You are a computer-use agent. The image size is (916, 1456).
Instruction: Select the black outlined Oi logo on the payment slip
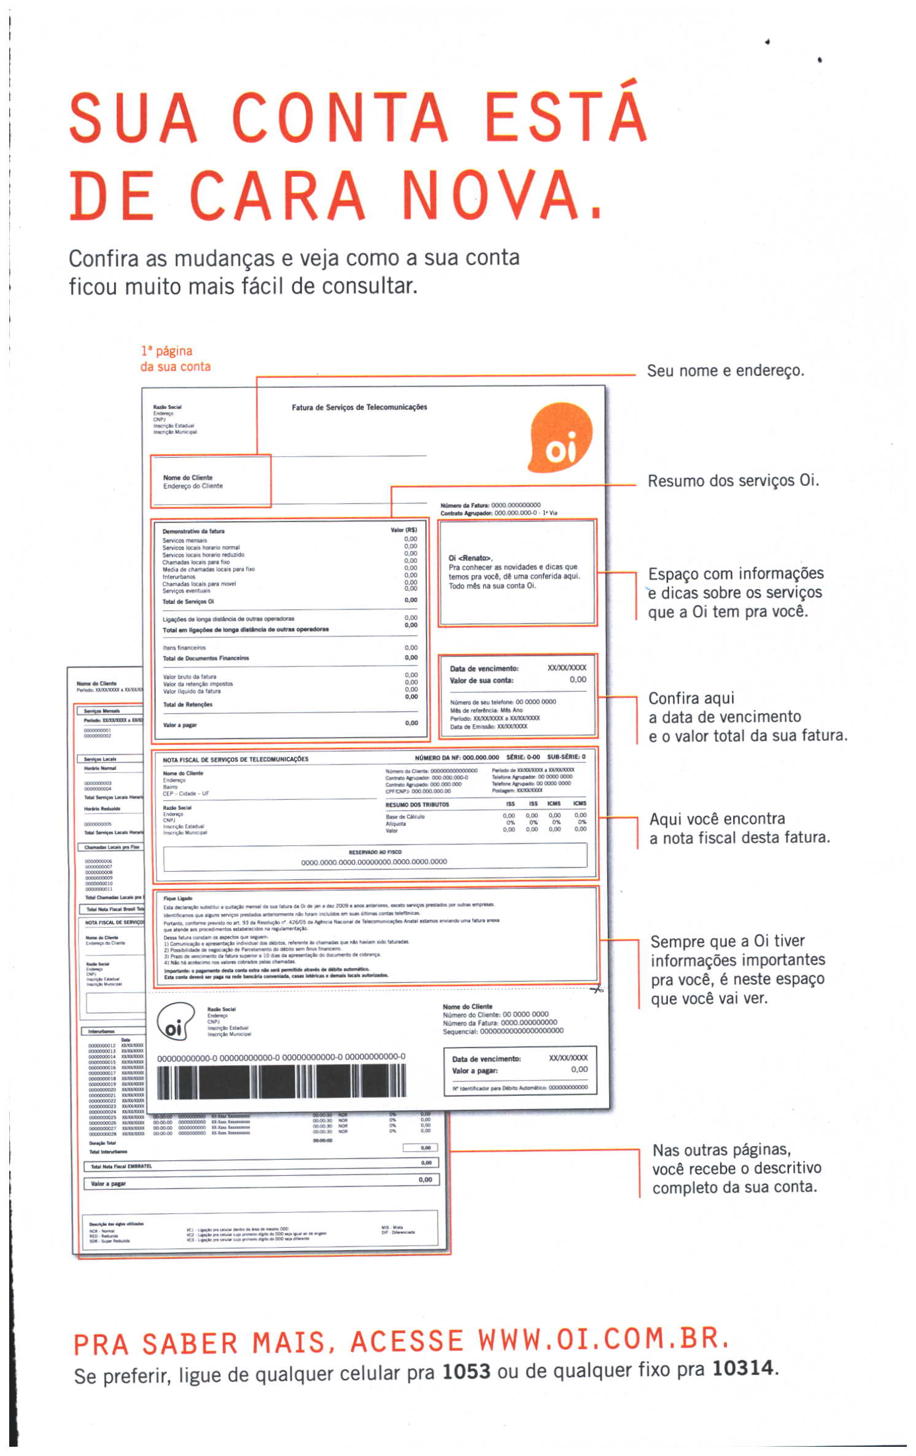176,1022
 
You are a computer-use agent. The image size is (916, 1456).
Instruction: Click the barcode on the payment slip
281,1082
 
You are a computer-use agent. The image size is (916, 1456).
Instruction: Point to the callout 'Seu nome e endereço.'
725,371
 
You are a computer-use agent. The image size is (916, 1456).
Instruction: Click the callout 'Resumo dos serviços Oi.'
733,480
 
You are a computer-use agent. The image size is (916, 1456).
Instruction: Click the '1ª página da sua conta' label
175,359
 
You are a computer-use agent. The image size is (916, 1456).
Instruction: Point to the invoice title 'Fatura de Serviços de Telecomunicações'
359,407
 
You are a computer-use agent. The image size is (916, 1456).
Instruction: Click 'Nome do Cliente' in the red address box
188,477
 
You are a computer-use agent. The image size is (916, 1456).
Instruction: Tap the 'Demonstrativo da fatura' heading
193,531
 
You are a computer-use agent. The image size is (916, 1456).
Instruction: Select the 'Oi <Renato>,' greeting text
470,558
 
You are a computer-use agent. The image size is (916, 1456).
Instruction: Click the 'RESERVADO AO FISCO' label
375,852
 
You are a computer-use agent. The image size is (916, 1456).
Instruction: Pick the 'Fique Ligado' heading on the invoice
178,898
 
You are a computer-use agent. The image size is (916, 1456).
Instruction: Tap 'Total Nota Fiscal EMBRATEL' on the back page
121,1166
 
